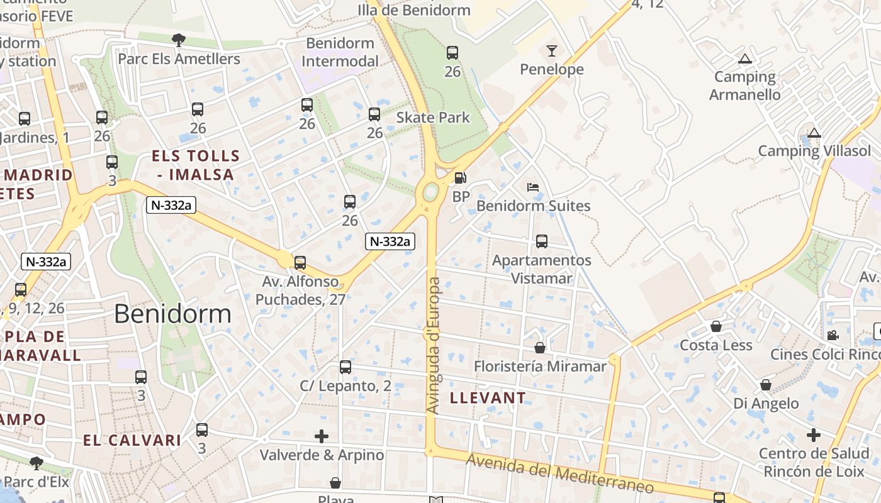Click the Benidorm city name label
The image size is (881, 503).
point(172,314)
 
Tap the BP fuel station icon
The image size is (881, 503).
point(461,179)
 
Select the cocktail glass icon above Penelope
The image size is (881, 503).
point(552,51)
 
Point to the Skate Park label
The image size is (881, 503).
point(433,118)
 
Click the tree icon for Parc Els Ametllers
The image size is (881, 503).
point(179,40)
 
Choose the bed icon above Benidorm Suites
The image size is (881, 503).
point(533,187)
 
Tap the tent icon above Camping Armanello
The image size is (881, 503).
point(745,60)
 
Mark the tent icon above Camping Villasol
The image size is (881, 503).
point(814,133)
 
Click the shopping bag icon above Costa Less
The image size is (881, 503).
point(716,326)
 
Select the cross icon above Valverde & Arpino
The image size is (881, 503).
point(322,436)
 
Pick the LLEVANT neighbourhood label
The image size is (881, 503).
point(488,397)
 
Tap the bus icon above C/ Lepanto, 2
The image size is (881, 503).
point(345,367)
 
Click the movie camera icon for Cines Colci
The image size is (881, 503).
point(833,336)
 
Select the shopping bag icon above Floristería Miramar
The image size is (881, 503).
point(540,348)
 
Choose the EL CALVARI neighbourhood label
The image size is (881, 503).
point(132,440)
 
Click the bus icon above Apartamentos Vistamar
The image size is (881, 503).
point(541,241)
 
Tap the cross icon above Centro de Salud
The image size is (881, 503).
point(814,435)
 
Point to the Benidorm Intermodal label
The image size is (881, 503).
point(340,52)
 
